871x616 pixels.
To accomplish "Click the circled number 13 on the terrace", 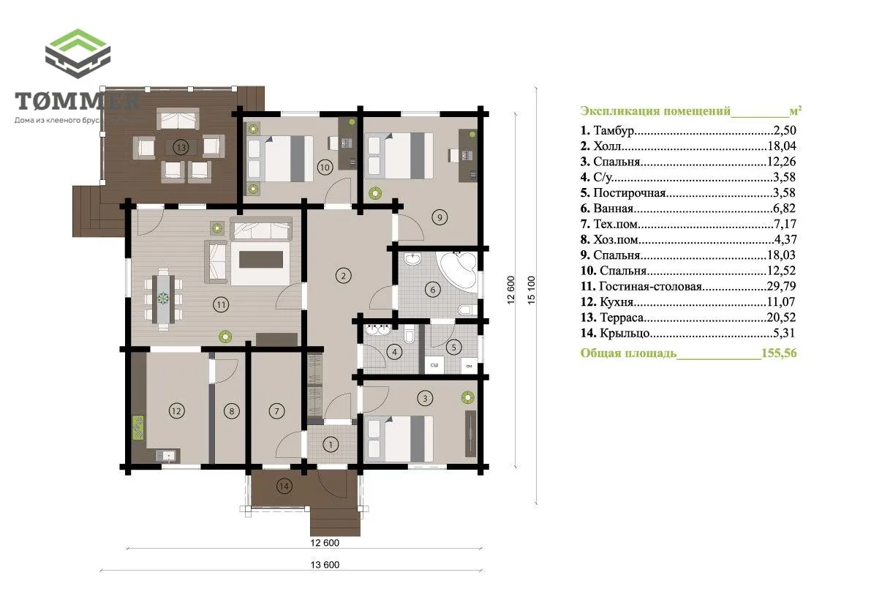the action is [x=181, y=147].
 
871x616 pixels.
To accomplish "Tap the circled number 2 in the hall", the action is [x=343, y=276].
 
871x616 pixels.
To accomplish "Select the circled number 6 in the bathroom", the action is [x=433, y=289].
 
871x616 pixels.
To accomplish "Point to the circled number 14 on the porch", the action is [x=284, y=487].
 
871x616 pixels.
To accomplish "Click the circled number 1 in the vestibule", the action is [x=331, y=444].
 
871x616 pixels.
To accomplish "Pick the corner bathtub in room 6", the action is [x=459, y=271].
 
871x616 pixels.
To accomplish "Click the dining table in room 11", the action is [x=163, y=298].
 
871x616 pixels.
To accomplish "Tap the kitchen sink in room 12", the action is [x=166, y=456].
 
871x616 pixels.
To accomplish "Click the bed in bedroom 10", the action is [x=281, y=158].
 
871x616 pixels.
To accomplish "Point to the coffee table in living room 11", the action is [x=261, y=260].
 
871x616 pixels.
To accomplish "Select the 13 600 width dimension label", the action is [x=325, y=565].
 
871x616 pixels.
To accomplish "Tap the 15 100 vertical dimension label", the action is [x=532, y=290].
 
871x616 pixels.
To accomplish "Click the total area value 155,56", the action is [x=779, y=353].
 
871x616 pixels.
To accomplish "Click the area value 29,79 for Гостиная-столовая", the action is [x=781, y=287].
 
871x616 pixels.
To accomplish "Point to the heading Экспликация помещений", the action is [x=655, y=111].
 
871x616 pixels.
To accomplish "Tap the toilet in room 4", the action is [x=410, y=337].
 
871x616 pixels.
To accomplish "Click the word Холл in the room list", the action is [x=607, y=146].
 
